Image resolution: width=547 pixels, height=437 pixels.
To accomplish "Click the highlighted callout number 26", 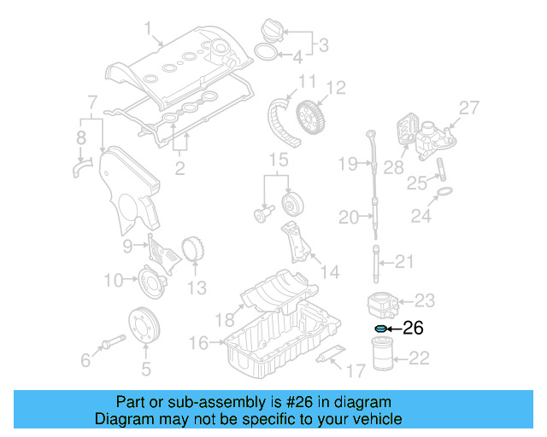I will pyautogui.click(x=413, y=327).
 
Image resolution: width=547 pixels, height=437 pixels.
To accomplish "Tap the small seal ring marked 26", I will pyautogui.click(x=379, y=328).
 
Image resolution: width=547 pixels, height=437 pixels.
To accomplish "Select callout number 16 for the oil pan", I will pyautogui.click(x=198, y=343).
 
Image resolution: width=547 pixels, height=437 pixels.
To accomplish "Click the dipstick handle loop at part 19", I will pyautogui.click(x=371, y=134).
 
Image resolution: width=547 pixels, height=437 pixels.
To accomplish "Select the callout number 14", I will pyautogui.click(x=329, y=272).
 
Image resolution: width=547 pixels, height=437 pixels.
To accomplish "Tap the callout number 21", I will pyautogui.click(x=404, y=262).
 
